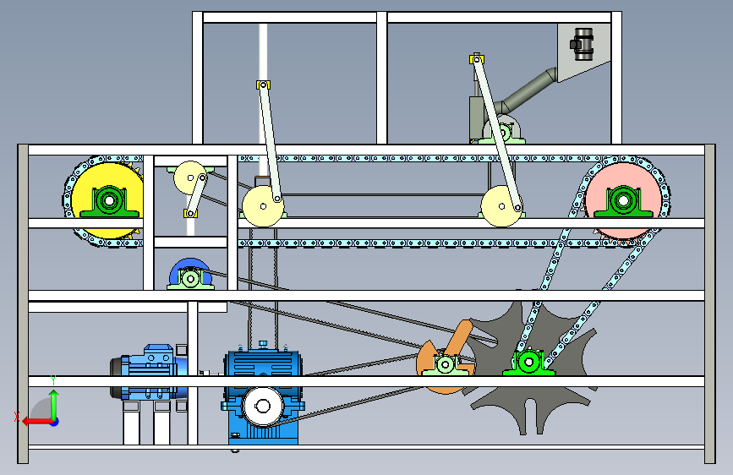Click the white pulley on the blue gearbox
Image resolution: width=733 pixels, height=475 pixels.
[263, 407]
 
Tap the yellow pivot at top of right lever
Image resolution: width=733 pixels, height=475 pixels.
[476, 59]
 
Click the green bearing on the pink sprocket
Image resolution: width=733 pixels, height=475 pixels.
[624, 201]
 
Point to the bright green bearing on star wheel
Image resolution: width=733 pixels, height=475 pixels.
[529, 363]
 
